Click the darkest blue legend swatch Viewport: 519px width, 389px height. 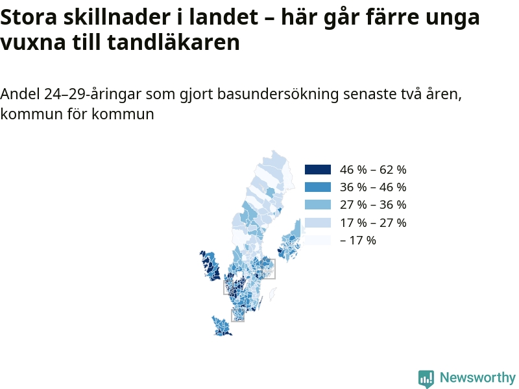318,169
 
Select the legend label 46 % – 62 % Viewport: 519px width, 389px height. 373,170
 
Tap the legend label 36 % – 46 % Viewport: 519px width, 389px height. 373,187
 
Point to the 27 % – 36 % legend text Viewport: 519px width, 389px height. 373,205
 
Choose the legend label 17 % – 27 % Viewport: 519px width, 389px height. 373,222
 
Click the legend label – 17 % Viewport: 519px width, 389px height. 358,240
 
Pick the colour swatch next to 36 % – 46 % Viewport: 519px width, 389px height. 318,187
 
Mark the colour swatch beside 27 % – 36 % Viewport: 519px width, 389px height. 318,205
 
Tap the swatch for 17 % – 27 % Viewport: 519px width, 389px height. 318,222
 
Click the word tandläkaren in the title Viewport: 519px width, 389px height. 173,42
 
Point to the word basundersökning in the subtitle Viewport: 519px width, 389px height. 278,94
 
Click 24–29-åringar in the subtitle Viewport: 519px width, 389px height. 93,95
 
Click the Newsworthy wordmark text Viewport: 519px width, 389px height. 477,377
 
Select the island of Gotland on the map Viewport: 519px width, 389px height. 272,294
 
